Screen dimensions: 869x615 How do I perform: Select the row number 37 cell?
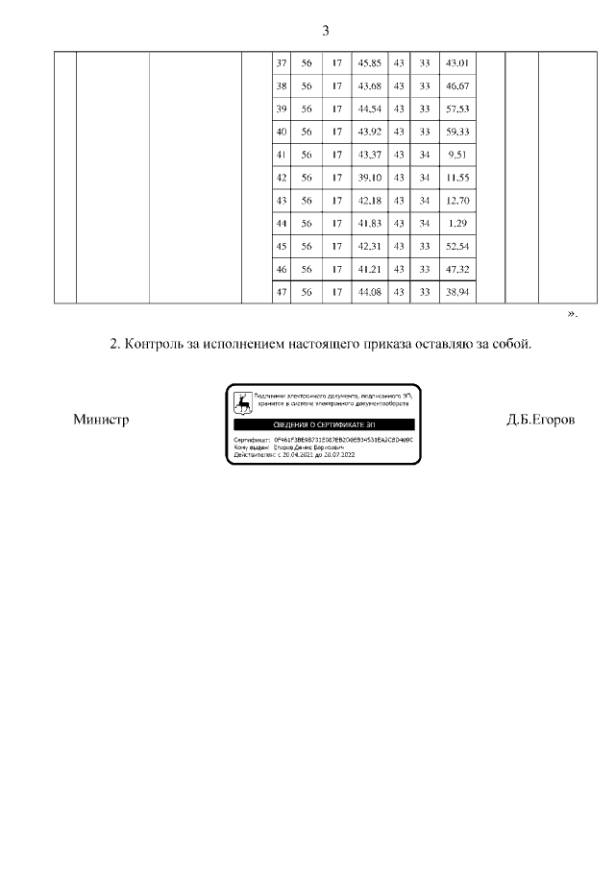(282, 63)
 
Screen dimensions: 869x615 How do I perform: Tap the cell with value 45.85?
(369, 63)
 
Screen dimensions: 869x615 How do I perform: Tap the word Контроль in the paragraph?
(162, 343)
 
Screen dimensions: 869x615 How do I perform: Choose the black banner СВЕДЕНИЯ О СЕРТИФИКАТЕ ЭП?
(324, 423)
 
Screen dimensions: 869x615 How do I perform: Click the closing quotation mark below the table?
(573, 313)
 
